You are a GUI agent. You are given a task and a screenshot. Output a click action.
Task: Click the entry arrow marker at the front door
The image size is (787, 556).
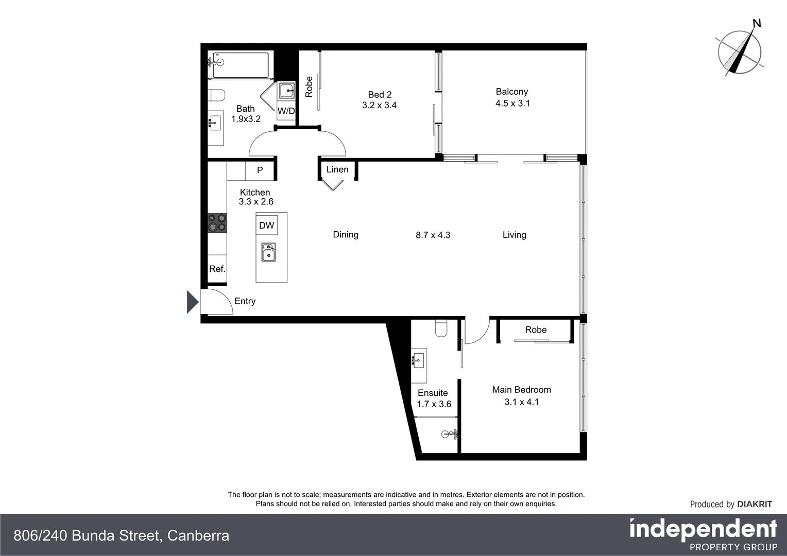click(x=192, y=302)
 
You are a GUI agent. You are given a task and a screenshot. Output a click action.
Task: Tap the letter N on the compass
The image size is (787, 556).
click(x=757, y=23)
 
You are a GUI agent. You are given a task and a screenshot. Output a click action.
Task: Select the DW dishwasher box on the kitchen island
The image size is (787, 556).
click(x=266, y=225)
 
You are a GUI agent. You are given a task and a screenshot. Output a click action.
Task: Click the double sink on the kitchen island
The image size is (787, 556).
click(x=268, y=253)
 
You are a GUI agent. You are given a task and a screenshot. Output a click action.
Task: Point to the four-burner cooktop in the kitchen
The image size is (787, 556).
click(x=217, y=223)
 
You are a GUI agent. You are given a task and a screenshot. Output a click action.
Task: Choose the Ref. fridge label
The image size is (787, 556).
click(x=217, y=269)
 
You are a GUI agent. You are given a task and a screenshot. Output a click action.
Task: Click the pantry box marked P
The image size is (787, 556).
click(x=260, y=170)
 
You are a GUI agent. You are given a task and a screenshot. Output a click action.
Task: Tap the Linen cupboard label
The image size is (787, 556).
click(x=337, y=169)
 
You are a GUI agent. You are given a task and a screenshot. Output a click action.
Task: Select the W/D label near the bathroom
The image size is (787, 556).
click(x=286, y=111)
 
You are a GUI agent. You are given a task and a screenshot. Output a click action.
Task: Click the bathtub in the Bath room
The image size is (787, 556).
click(x=241, y=65)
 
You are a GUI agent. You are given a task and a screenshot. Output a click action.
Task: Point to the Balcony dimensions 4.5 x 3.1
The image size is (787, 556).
click(x=512, y=103)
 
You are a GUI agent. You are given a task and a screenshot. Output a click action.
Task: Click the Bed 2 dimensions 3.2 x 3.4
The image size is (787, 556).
click(x=379, y=105)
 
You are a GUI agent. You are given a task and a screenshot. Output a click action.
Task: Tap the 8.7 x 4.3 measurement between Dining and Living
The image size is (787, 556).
click(x=433, y=235)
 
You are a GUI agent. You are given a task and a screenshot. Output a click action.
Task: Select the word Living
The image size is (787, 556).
click(x=514, y=235)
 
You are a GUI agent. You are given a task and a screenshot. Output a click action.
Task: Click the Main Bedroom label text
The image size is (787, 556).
click(x=521, y=390)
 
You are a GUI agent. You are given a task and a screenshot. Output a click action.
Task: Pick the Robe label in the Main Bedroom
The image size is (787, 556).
click(x=536, y=329)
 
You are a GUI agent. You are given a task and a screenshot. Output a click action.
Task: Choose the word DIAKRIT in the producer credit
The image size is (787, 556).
click(x=755, y=504)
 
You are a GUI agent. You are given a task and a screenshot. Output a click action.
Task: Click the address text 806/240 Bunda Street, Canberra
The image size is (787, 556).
click(x=121, y=535)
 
